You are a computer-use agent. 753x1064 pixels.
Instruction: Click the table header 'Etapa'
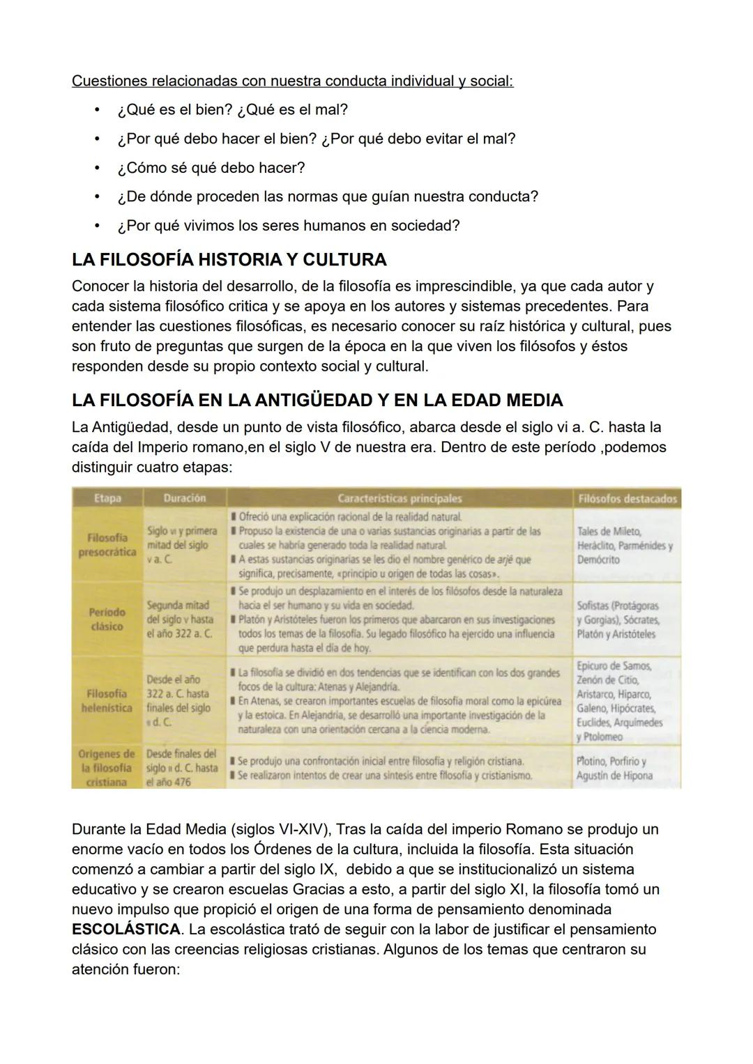coord(107,498)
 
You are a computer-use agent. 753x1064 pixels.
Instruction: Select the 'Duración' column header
coord(184,498)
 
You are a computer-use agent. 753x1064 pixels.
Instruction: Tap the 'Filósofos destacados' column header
coord(627,498)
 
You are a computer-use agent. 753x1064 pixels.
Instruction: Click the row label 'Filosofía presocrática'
coord(107,545)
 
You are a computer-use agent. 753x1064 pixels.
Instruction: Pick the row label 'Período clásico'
coord(107,619)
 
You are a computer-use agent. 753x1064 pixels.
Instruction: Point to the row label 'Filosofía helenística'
coord(107,700)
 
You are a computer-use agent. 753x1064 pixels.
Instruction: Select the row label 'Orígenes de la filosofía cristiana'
coord(107,768)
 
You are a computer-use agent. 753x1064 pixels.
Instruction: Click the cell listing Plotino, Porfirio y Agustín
coord(614,769)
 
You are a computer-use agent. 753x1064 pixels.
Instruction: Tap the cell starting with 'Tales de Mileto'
coord(624,546)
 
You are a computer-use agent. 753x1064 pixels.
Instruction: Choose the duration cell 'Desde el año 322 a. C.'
coord(178,700)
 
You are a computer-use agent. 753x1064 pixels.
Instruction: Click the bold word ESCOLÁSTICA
coord(125,930)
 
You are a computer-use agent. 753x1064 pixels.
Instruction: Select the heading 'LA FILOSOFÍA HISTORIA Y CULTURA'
coord(229,260)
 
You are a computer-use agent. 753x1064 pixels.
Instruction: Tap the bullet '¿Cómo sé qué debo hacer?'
coord(211,168)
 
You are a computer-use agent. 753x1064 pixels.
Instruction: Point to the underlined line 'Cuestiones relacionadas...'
coord(292,81)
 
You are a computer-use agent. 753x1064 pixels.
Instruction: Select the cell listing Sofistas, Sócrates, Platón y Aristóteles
coord(617,620)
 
